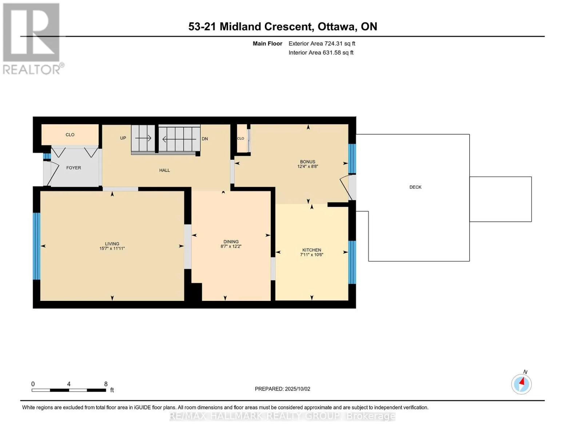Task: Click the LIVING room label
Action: point(112,243)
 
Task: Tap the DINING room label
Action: point(231,242)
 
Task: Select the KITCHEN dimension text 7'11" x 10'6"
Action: point(311,255)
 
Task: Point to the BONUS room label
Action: point(307,162)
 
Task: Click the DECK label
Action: point(415,187)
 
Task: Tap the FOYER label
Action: point(73,168)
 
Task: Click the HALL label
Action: point(164,170)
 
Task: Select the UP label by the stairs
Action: point(123,138)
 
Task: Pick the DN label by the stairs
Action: point(204,139)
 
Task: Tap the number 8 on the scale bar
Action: point(106,384)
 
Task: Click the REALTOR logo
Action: point(32,39)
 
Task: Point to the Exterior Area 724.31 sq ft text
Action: point(322,43)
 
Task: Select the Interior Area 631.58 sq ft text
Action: point(321,52)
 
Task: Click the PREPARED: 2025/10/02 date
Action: point(282,389)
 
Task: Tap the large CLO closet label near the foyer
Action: point(70,134)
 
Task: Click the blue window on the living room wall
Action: point(37,246)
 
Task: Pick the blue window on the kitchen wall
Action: point(352,262)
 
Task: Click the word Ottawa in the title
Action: point(337,27)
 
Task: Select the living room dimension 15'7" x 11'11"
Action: point(112,249)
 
